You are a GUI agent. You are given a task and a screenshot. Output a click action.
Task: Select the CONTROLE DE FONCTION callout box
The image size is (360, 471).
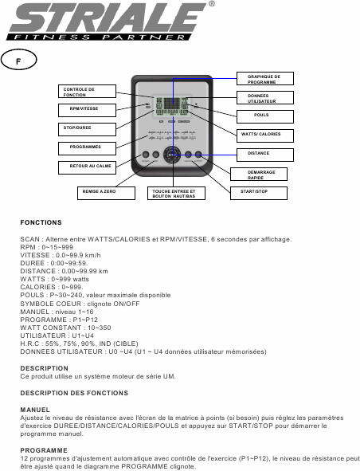coord(83,92)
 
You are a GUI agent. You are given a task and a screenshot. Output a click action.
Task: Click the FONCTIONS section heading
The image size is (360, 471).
coord(41,222)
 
